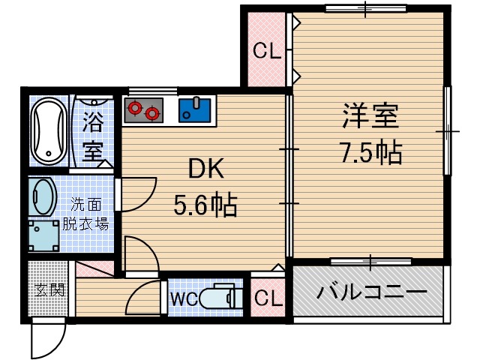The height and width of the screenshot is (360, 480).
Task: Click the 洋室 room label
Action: click(x=370, y=117)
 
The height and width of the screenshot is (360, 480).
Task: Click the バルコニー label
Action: click(x=370, y=292)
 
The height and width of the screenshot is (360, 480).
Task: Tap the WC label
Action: click(x=184, y=298)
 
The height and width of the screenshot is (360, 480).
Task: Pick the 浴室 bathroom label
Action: click(x=93, y=135)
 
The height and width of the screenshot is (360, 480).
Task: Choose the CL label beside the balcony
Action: click(x=268, y=298)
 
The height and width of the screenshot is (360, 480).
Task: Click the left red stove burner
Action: click(x=135, y=108)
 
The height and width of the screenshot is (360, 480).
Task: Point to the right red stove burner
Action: click(x=152, y=114)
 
